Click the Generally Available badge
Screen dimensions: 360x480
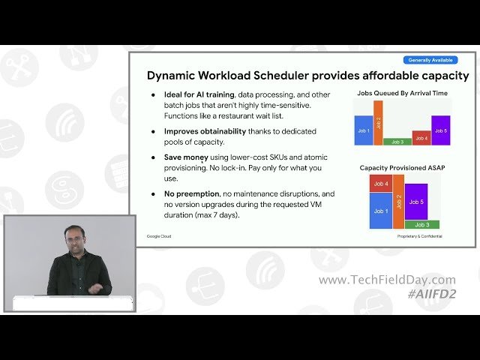pyautogui.click(x=430, y=60)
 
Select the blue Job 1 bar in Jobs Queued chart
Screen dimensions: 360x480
pyautogui.click(x=364, y=130)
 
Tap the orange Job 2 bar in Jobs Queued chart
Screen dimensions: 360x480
pyautogui.click(x=378, y=122)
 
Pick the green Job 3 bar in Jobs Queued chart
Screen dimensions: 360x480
pyautogui.click(x=397, y=141)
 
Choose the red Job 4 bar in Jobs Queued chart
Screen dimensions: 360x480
pyautogui.click(x=421, y=138)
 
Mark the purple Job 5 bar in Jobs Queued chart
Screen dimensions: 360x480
pyautogui.click(x=441, y=130)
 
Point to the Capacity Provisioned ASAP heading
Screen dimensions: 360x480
pyautogui.click(x=401, y=167)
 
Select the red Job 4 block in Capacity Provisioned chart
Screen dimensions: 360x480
pyautogui.click(x=380, y=184)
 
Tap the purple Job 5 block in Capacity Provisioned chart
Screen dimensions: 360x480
pyautogui.click(x=415, y=202)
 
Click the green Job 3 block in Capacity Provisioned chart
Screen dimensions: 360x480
pyautogui.click(x=422, y=224)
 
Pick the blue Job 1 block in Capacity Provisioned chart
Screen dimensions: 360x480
pyautogui.click(x=380, y=211)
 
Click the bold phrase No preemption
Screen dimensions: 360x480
pyautogui.click(x=191, y=193)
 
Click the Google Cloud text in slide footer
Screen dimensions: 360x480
pyautogui.click(x=158, y=235)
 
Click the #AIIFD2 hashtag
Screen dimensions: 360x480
pyautogui.click(x=431, y=294)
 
